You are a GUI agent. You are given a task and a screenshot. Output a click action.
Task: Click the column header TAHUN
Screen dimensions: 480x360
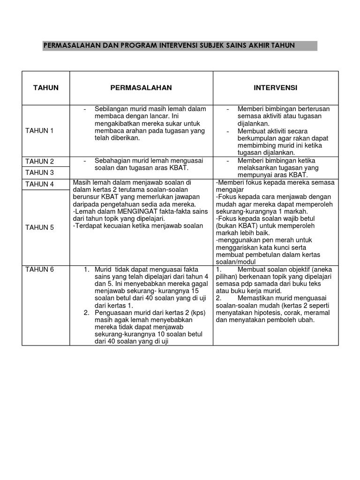tap(45, 88)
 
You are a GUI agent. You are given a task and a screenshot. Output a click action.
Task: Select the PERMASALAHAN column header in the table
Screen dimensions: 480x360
tap(141, 88)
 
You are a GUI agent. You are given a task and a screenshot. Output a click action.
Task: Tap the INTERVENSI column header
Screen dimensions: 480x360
tap(276, 88)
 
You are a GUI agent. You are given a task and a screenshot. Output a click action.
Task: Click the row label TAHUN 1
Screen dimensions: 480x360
tap(39, 131)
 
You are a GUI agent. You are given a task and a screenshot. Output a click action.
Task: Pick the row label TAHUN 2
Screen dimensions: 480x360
tap(39, 161)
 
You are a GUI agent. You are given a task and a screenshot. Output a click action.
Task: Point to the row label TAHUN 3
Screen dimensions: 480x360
tap(39, 172)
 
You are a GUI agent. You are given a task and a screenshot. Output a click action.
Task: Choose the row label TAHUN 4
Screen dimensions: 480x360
tap(39, 184)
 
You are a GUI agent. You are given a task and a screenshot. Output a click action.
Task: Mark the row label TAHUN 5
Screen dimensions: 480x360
tap(39, 227)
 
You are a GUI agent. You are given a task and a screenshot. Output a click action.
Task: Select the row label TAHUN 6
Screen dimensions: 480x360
tap(39, 269)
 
